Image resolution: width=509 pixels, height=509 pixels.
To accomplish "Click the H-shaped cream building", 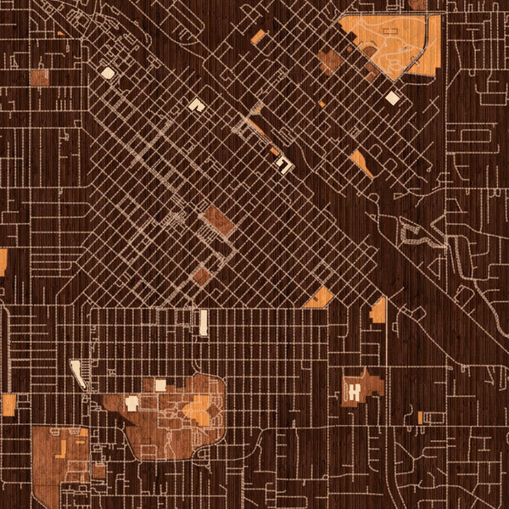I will tap(353, 390).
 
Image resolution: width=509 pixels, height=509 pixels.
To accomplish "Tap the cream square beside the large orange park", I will tap(392, 98).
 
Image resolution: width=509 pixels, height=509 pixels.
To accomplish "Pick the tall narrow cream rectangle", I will tap(204, 322).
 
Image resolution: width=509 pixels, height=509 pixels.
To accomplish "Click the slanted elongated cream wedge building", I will tap(78, 372).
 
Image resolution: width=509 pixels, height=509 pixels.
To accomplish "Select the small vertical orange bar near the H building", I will tap(419, 417).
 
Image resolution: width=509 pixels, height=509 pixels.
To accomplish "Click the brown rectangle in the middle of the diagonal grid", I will tap(219, 221).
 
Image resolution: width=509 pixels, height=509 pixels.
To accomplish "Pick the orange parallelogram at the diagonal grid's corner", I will tap(320, 297).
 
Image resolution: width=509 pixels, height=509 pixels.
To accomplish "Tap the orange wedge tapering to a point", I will tap(361, 163).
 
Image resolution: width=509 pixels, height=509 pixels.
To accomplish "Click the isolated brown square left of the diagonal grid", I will tap(40, 77).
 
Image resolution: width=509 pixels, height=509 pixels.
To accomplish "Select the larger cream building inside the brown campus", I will tap(160, 385).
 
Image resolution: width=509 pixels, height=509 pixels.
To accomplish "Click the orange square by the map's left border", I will tap(8, 405).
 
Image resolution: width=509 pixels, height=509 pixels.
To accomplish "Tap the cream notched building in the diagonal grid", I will tap(197, 104).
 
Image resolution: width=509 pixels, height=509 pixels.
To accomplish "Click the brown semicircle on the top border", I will tap(417, 4).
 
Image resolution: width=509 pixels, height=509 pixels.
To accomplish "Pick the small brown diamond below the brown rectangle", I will tap(201, 275).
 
